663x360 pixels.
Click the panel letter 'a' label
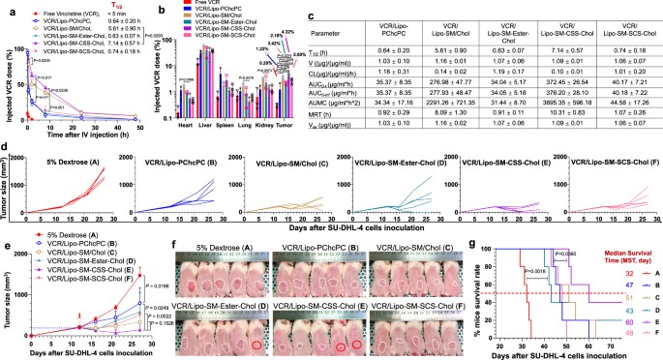point(5,8)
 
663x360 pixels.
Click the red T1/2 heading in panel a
point(107,6)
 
